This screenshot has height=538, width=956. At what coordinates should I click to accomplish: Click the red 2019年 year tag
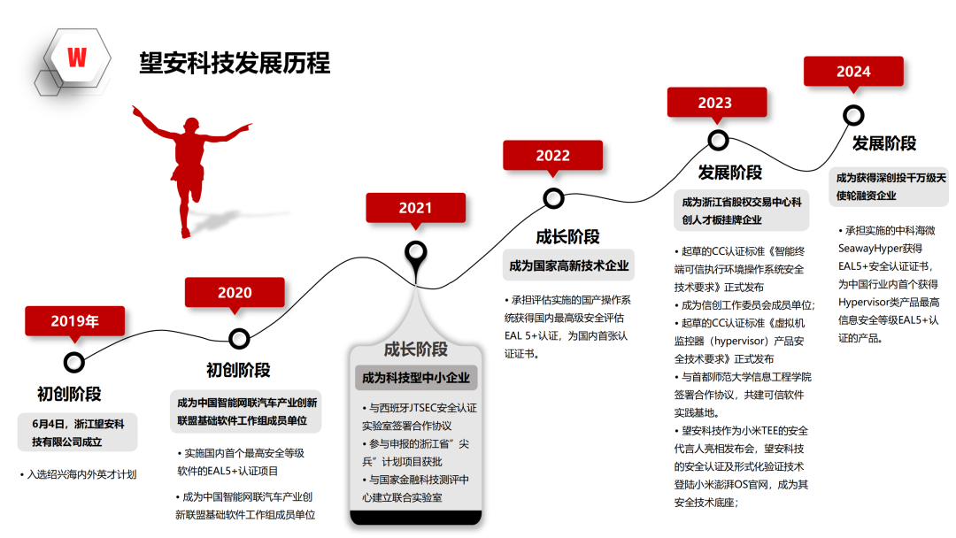pyautogui.click(x=75, y=321)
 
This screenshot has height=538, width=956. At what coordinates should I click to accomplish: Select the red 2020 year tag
pyautogui.click(x=235, y=293)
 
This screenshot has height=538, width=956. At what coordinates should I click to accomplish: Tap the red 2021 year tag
pyautogui.click(x=416, y=208)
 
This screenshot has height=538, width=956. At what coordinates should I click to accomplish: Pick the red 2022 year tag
pyautogui.click(x=553, y=156)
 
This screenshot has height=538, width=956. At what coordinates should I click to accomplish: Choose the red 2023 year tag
pyautogui.click(x=717, y=103)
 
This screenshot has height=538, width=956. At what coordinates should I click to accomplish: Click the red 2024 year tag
pyautogui.click(x=853, y=72)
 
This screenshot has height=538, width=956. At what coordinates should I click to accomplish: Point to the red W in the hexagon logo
pyautogui.click(x=77, y=58)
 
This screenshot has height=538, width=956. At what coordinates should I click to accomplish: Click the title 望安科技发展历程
pyautogui.click(x=235, y=64)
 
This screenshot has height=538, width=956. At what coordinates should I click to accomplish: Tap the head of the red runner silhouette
pyautogui.click(x=191, y=125)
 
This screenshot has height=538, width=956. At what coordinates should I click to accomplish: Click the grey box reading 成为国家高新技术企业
pyautogui.click(x=568, y=265)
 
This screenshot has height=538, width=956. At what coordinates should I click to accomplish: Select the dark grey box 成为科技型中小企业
pyautogui.click(x=416, y=378)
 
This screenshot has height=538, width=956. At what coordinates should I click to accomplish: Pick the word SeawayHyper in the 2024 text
pyautogui.click(x=871, y=249)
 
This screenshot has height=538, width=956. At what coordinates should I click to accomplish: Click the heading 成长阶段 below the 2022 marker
pyautogui.click(x=567, y=237)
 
